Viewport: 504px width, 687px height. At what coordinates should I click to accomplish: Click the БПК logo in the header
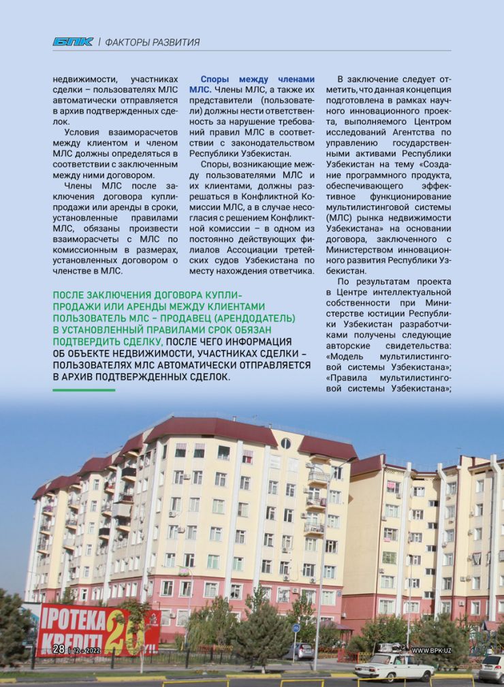coord(73,42)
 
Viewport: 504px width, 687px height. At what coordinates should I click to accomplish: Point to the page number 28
coord(59,649)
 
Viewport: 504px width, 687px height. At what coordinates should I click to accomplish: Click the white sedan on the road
coord(393,666)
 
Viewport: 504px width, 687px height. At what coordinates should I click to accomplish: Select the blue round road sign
coord(296,627)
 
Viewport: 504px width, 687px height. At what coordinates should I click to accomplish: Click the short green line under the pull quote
coord(84,390)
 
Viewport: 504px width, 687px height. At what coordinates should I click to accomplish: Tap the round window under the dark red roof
coord(285,444)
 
